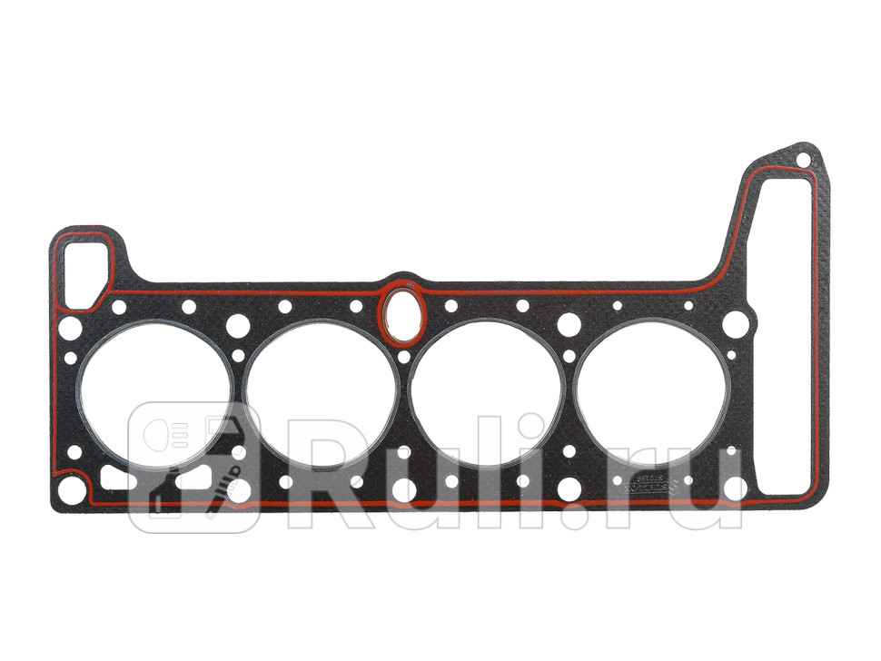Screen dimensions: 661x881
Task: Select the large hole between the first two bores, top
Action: click(x=239, y=324)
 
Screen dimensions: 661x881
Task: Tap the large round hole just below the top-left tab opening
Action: click(x=72, y=325)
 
